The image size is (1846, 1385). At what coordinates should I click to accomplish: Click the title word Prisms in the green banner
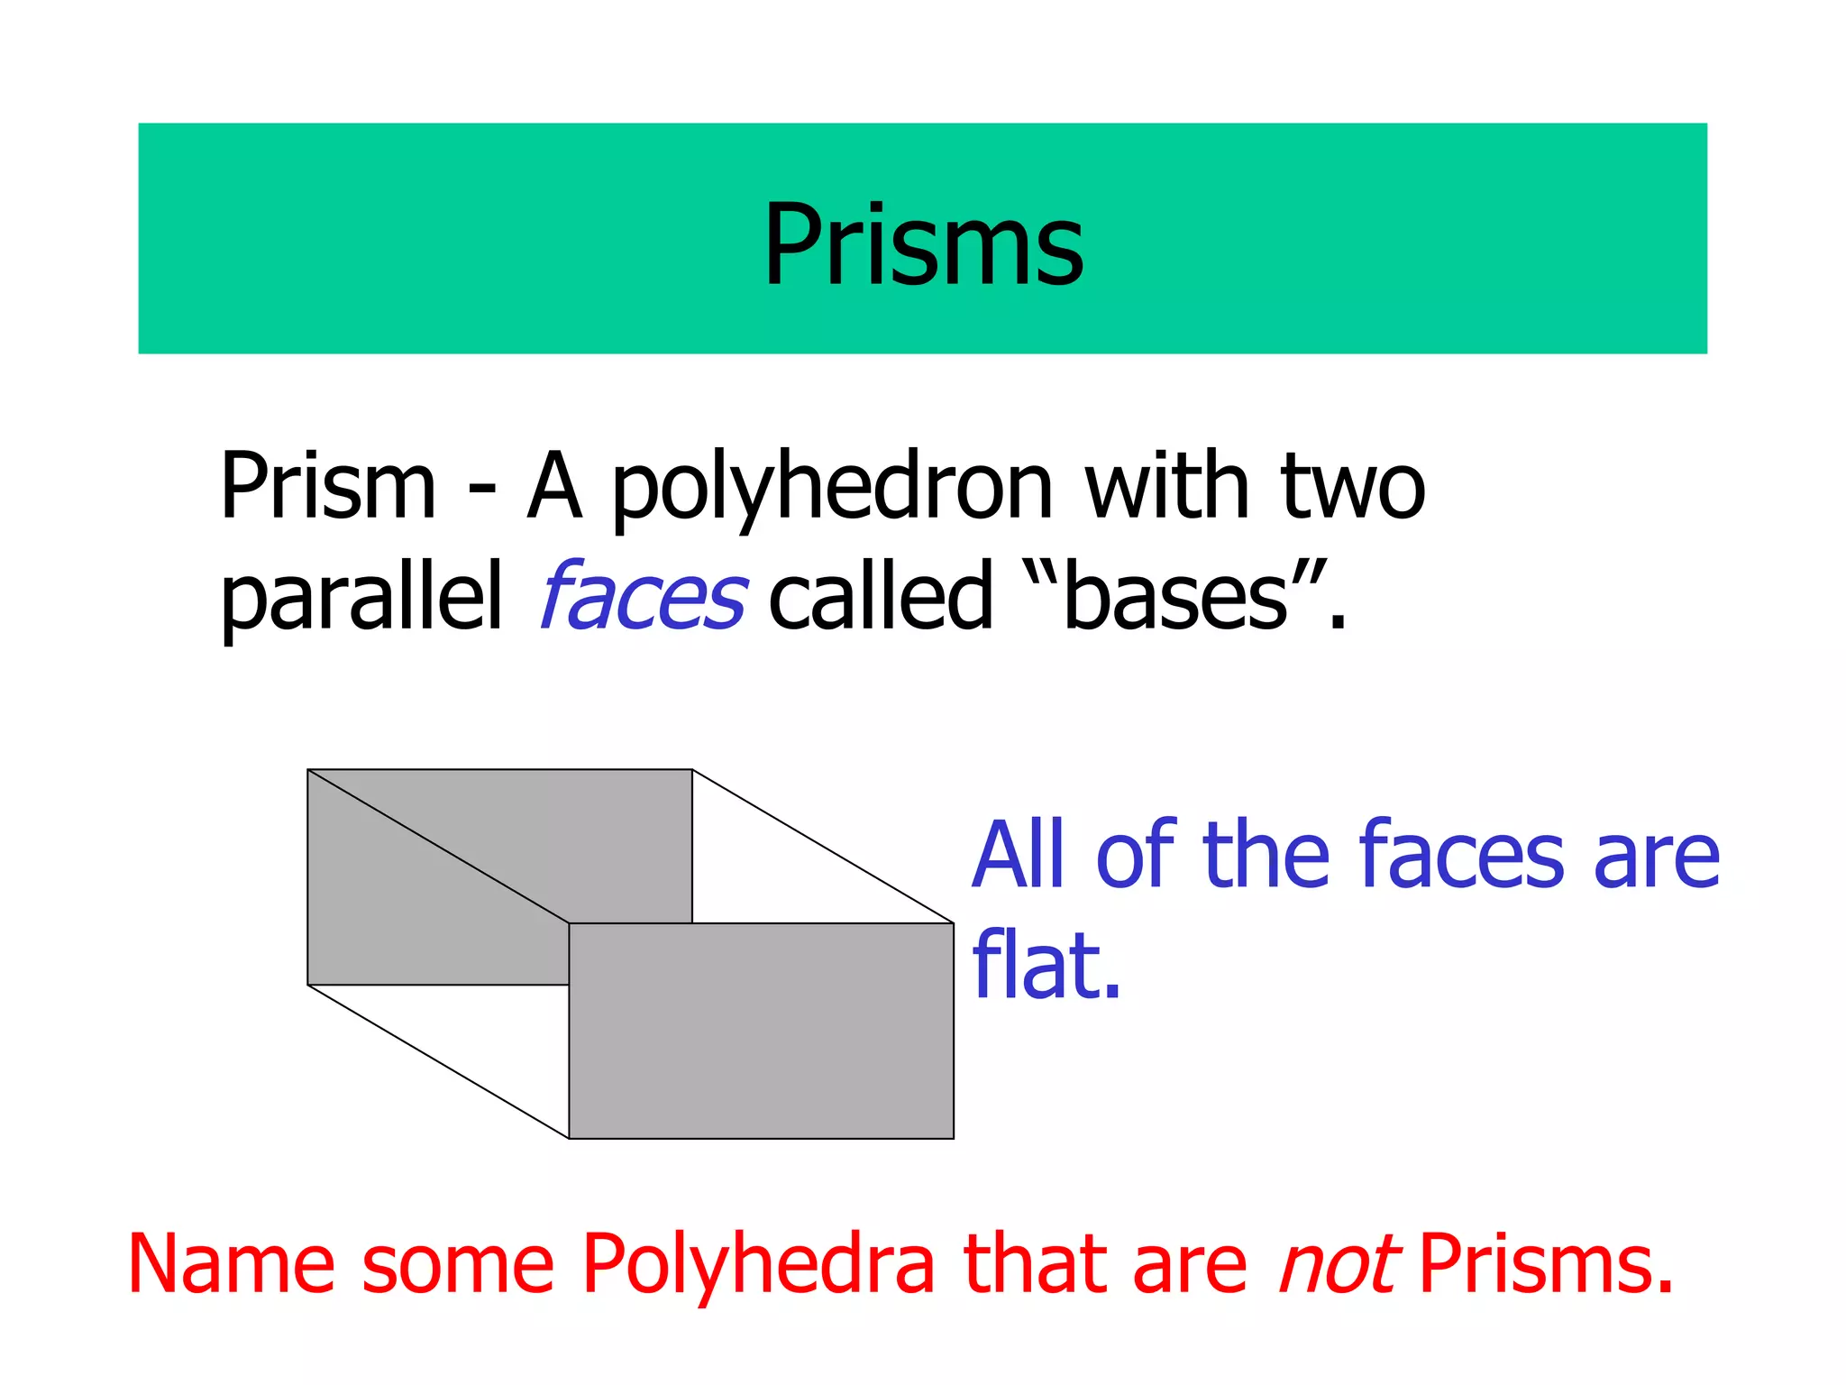(923, 245)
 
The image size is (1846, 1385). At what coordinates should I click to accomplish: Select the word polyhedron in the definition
(832, 489)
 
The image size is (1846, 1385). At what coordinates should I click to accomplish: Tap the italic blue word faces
(642, 597)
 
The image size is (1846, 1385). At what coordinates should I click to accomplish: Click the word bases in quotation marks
(1175, 597)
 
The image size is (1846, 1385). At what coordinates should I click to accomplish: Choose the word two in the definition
(1353, 489)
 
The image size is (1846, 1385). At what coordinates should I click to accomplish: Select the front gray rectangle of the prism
(762, 1031)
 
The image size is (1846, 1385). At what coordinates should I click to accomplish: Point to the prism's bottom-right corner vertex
(954, 1139)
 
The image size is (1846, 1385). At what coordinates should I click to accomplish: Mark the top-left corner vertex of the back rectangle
(308, 770)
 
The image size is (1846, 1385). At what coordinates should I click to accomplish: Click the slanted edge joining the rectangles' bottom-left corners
(438, 1061)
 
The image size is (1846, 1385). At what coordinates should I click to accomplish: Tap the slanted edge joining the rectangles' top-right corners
(823, 847)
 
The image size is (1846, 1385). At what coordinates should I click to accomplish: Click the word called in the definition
(880, 597)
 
